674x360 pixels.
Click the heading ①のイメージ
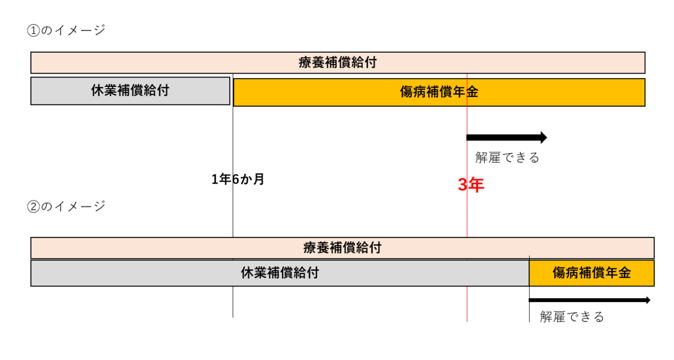click(x=66, y=30)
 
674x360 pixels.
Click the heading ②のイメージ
click(x=66, y=207)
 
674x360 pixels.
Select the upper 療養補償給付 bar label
click(x=338, y=62)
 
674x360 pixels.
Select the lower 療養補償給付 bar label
click(x=343, y=248)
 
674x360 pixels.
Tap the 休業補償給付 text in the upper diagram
click(x=130, y=90)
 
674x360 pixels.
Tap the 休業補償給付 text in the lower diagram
click(x=280, y=273)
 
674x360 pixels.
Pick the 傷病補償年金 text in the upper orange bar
click(x=439, y=92)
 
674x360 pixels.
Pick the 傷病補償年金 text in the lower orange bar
click(x=591, y=273)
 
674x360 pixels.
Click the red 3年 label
click(x=471, y=185)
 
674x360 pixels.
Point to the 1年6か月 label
click(x=238, y=179)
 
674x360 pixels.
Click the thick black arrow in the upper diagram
click(x=507, y=138)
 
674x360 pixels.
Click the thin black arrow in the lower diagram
click(x=589, y=300)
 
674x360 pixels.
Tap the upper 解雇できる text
click(x=507, y=158)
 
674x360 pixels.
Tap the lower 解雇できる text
click(x=572, y=317)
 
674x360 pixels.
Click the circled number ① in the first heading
click(x=33, y=31)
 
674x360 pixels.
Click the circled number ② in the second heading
click(x=33, y=207)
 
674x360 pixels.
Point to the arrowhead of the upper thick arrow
click(x=547, y=138)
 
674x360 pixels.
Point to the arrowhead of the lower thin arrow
click(x=650, y=300)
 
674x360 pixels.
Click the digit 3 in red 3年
click(x=462, y=185)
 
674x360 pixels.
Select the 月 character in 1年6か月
click(x=259, y=179)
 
